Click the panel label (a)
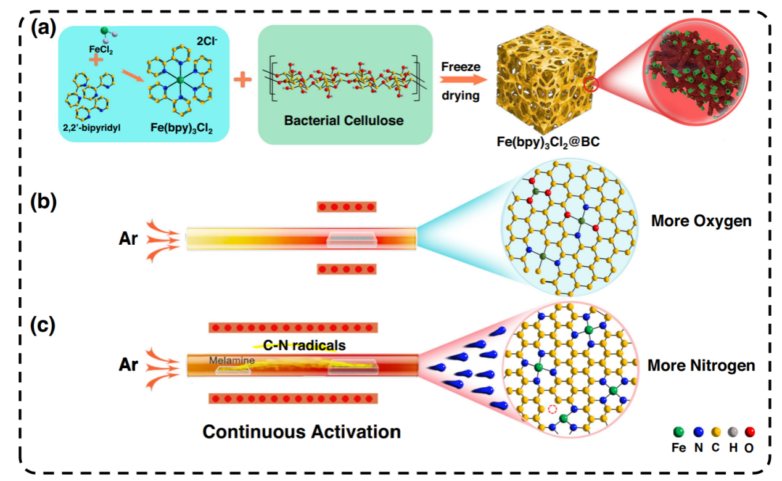pyautogui.click(x=44, y=28)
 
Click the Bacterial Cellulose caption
pyautogui.click(x=344, y=120)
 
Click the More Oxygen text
pyautogui.click(x=701, y=221)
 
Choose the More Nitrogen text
pyautogui.click(x=701, y=366)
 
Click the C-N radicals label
pyautogui.click(x=304, y=346)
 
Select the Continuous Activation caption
pyautogui.click(x=302, y=431)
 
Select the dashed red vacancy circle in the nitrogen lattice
pyautogui.click(x=553, y=409)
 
